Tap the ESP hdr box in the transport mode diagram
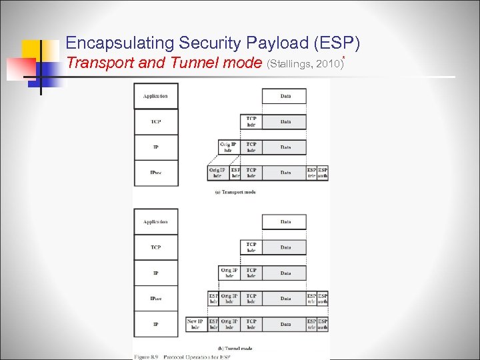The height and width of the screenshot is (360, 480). coord(235,173)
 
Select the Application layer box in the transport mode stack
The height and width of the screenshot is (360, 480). coord(155,96)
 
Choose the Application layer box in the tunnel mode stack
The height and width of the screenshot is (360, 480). coord(155,221)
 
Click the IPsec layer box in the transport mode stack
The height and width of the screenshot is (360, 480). coord(155,173)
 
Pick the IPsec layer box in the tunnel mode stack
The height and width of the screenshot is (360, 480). coord(155,299)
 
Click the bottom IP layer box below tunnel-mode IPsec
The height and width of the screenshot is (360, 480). coord(155,324)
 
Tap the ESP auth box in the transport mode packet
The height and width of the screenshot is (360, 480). coord(323,173)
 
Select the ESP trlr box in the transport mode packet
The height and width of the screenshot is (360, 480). coord(312,173)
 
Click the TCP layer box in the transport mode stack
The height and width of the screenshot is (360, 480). coord(155,122)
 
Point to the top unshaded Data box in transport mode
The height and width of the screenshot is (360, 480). coord(285,96)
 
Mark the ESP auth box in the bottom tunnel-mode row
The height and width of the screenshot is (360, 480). coord(323,324)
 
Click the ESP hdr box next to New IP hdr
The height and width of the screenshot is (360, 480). coord(213,324)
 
